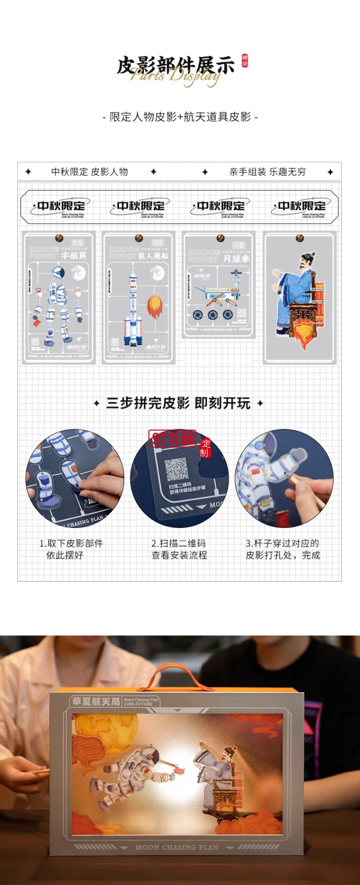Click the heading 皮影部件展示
point(176,66)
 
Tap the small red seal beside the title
point(245,60)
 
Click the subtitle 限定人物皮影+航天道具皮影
point(180,117)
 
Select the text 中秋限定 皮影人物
point(90,172)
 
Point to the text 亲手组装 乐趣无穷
point(267,172)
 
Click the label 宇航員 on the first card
point(73,256)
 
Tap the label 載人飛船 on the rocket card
point(153,256)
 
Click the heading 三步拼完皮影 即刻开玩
point(179,403)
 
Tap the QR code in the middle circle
point(176,469)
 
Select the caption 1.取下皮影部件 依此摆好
point(71,549)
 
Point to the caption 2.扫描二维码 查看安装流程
point(179,549)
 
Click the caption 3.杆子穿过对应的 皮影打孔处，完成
point(283,549)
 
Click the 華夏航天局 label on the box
point(96,701)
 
